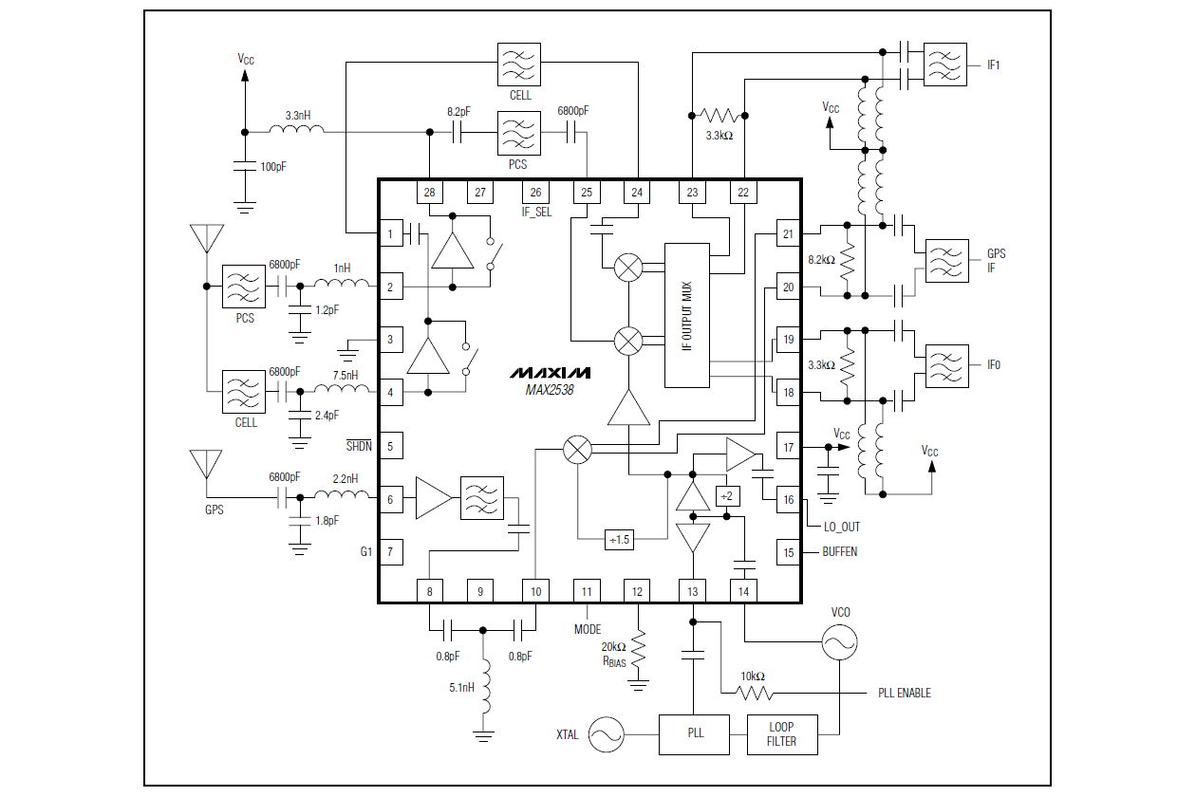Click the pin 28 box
pos(430,193)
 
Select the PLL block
pos(695,733)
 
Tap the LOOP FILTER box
pos(781,733)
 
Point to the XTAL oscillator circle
pos(606,734)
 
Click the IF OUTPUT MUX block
pos(687,315)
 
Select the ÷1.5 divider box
pos(619,539)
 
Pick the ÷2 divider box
pos(727,496)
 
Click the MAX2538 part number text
pos(550,389)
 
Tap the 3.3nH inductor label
pos(298,116)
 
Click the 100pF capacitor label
pos(273,167)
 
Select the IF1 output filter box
pos(945,65)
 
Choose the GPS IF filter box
pos(946,261)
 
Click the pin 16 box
pos(788,500)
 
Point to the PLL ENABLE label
pos(904,694)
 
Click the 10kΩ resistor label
pos(753,677)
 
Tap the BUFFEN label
pos(839,551)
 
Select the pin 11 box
pos(587,591)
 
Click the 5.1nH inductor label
pos(460,687)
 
